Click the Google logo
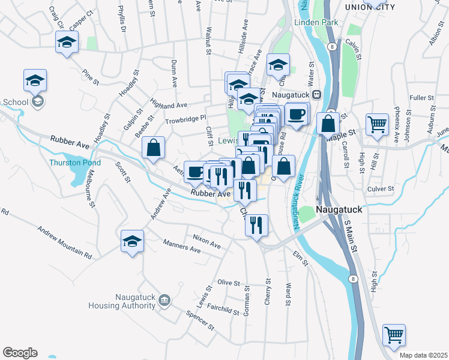(20, 353)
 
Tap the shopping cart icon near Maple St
(377, 125)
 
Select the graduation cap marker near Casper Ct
(67, 42)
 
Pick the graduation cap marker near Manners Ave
(132, 241)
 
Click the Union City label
(370, 7)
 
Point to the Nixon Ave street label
(206, 242)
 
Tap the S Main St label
(351, 236)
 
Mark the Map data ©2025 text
(424, 355)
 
